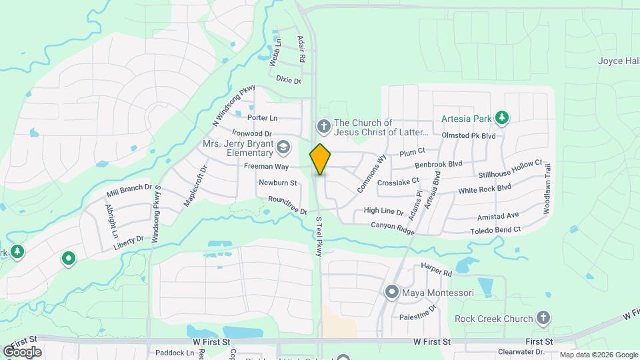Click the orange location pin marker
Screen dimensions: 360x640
click(320, 159)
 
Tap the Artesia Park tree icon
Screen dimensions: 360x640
click(503, 119)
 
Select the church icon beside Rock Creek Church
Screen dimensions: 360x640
click(543, 318)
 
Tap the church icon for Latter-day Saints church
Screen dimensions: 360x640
click(323, 126)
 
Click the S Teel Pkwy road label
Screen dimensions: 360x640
click(319, 236)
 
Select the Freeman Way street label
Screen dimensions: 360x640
click(267, 166)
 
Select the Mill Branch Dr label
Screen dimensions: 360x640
click(129, 193)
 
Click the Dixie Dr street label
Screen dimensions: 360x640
click(289, 80)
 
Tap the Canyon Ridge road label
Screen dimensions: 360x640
click(393, 228)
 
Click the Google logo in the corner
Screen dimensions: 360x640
click(22, 352)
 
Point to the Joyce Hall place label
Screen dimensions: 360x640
click(618, 61)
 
